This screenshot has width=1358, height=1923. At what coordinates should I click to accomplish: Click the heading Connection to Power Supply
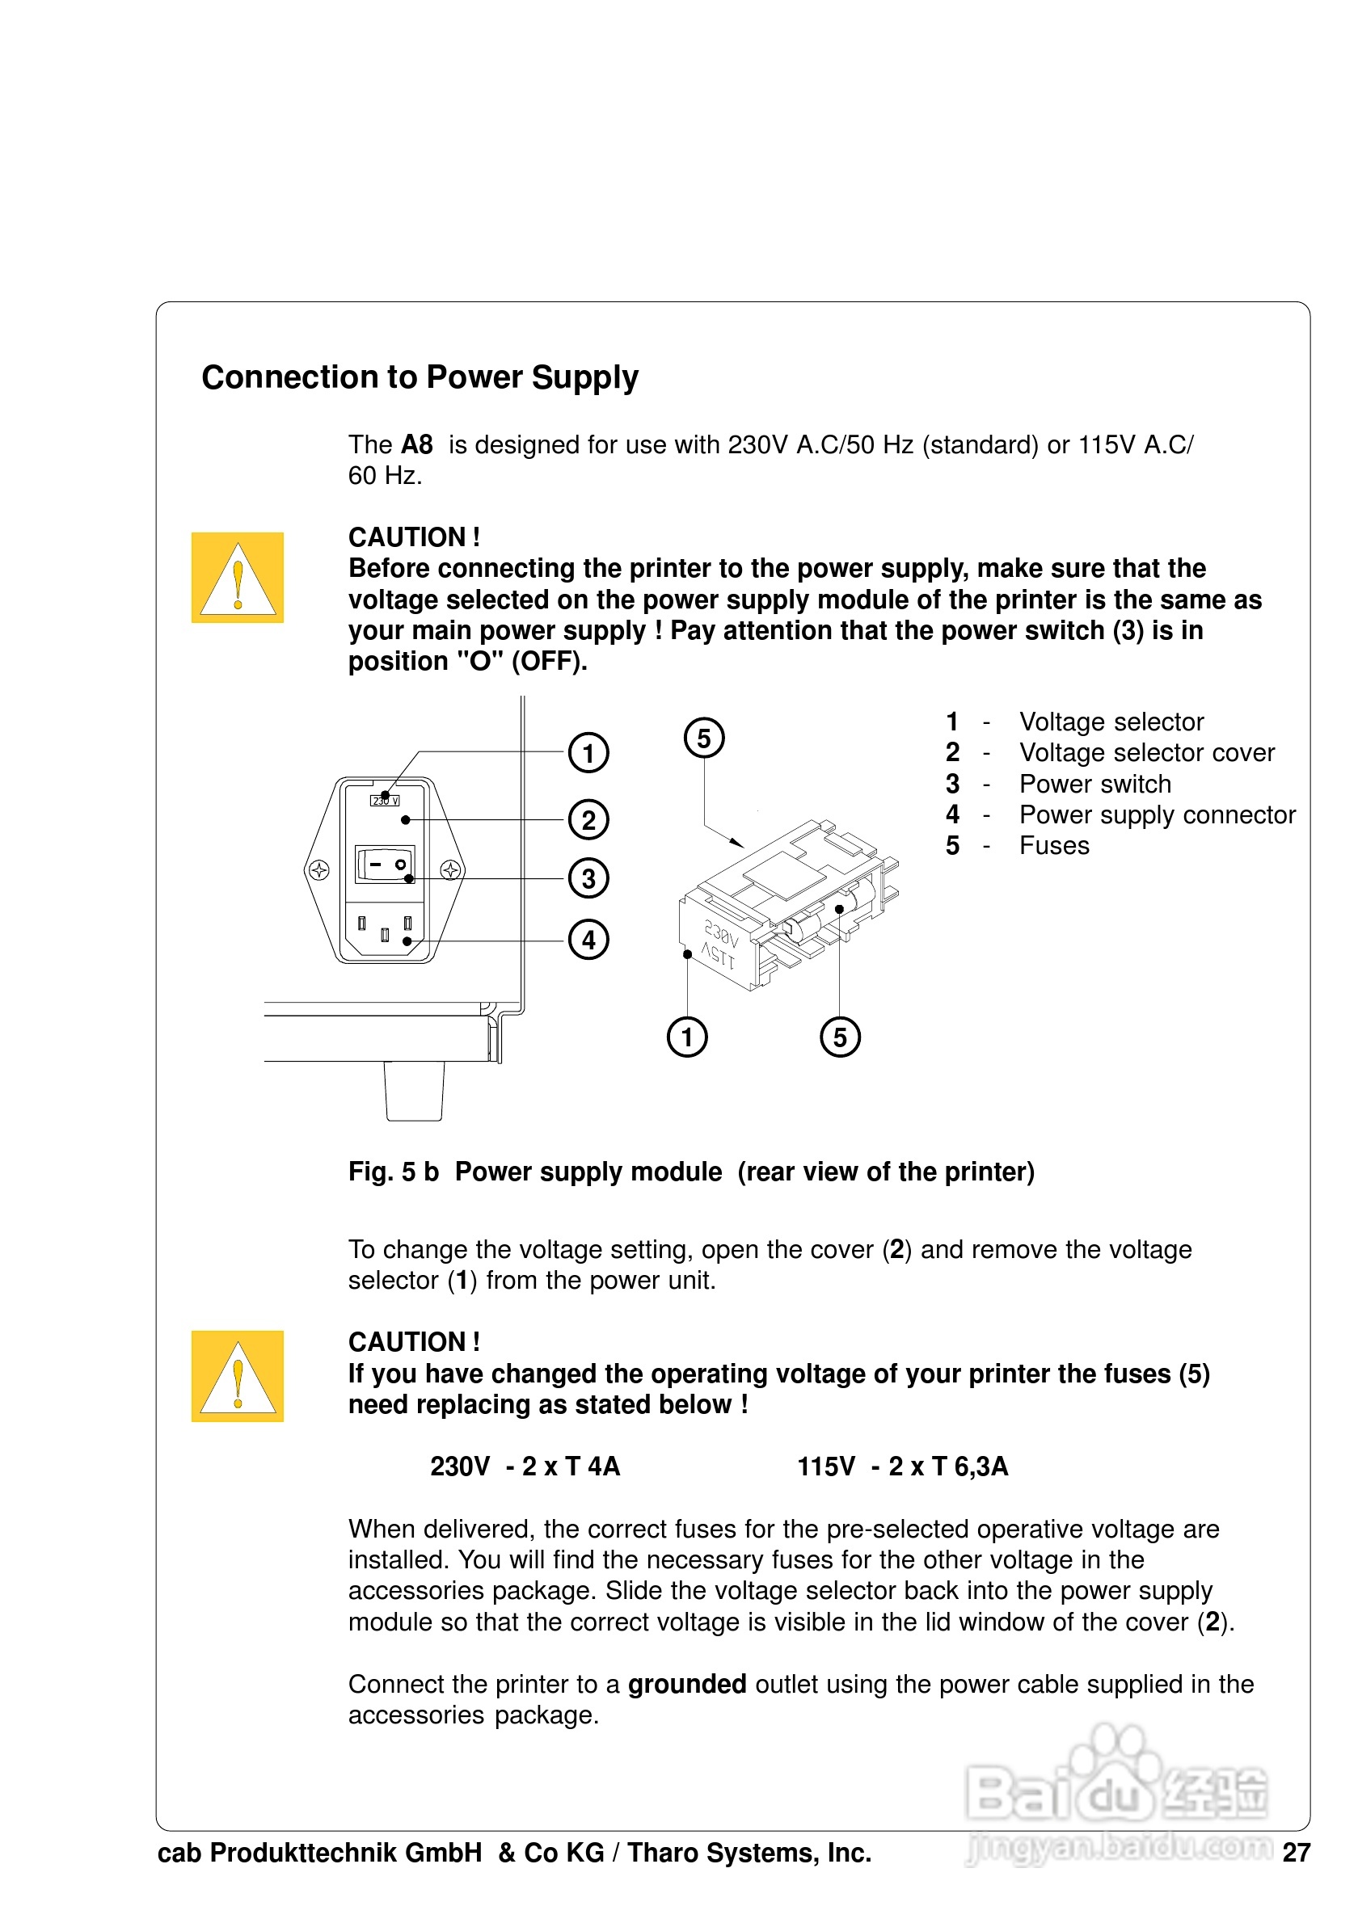(420, 378)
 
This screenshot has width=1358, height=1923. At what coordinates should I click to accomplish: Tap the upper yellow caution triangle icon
(238, 578)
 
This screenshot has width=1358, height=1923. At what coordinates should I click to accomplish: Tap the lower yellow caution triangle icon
(238, 1376)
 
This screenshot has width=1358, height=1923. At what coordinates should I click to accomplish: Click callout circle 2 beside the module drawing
(588, 820)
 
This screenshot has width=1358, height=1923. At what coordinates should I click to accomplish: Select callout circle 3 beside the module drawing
(588, 878)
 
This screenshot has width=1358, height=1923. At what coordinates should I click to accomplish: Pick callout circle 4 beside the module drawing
(588, 940)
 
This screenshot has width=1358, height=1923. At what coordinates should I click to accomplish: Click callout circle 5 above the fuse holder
(704, 738)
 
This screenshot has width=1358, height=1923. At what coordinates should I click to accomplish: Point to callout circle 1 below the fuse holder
(687, 1037)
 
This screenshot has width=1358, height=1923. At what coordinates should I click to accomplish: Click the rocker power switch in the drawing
(386, 864)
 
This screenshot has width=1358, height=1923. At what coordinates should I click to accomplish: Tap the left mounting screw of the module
(318, 870)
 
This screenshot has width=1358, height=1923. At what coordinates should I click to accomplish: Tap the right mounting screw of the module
(451, 870)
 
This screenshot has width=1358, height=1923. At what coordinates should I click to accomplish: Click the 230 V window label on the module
(385, 801)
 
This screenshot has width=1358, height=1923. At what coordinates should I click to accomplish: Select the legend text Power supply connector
(1157, 815)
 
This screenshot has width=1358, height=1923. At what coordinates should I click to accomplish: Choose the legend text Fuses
(1054, 846)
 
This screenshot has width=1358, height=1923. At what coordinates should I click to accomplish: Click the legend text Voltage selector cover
(1146, 753)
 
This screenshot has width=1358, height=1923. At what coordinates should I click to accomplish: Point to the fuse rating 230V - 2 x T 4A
(525, 1466)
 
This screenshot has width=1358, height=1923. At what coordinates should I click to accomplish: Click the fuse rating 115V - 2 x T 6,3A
(902, 1466)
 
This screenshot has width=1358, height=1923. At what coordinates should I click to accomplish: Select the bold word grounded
(687, 1685)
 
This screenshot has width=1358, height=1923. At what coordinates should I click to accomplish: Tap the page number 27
(1296, 1853)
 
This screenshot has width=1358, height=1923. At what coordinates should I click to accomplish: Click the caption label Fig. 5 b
(394, 1172)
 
